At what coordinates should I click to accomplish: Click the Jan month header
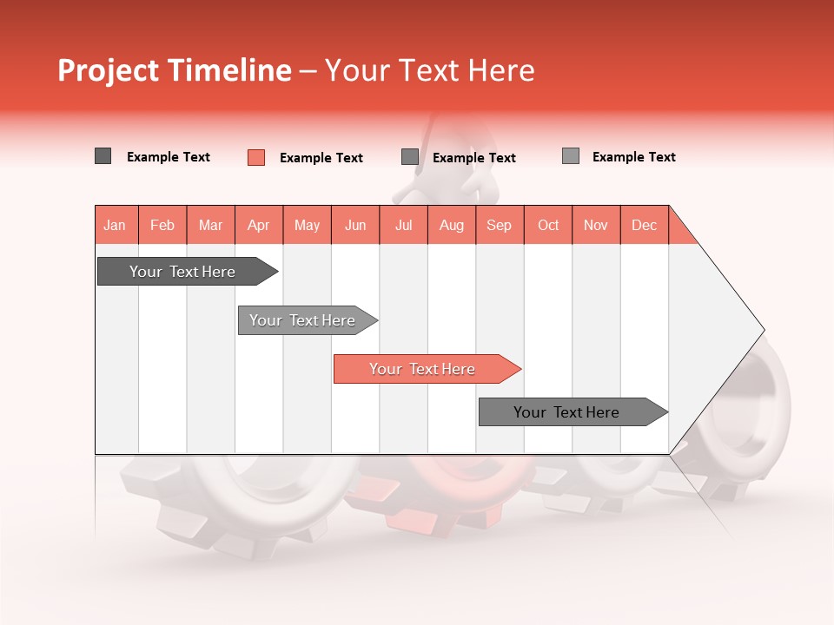(115, 225)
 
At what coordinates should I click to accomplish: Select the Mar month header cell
(210, 225)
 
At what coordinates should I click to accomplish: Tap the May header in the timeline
(307, 225)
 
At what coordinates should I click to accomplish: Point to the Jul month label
(403, 225)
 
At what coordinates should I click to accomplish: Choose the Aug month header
(451, 225)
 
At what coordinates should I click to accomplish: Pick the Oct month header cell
(548, 225)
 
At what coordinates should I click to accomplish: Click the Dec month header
(644, 225)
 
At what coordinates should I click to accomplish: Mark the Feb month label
(162, 225)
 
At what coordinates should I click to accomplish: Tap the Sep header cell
(500, 225)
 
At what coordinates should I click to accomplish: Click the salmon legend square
(256, 157)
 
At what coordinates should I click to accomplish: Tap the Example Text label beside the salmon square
(321, 158)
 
